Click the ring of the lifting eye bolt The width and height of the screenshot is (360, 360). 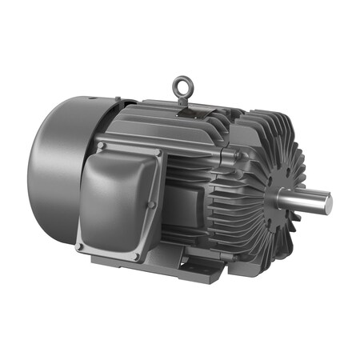182,82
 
